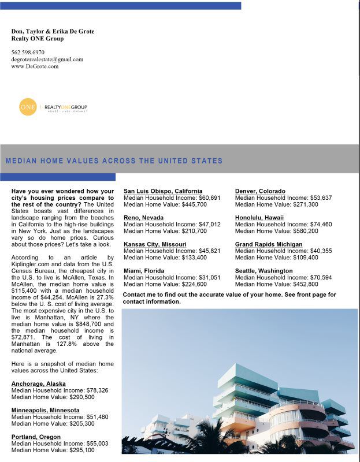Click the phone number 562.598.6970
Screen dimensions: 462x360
click(28, 53)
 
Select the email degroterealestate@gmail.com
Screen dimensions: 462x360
click(47, 59)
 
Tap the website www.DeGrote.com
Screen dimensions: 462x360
click(35, 66)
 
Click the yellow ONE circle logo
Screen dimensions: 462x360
click(28, 107)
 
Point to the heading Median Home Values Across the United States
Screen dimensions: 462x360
click(114, 161)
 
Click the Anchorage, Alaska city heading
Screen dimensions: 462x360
click(39, 383)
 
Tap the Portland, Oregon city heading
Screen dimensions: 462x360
click(35, 436)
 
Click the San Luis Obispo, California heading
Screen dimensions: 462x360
click(163, 191)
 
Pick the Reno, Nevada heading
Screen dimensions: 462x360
click(143, 218)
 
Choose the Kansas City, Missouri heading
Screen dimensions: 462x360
click(155, 244)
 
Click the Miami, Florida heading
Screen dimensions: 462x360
click(144, 271)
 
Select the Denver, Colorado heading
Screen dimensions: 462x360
click(260, 191)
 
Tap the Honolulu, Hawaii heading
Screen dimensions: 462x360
click(259, 218)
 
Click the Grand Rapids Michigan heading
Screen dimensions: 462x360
click(269, 244)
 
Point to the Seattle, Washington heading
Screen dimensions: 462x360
click(263, 271)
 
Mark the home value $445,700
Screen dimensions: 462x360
click(192, 204)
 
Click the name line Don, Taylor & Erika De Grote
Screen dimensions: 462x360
click(53, 31)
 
